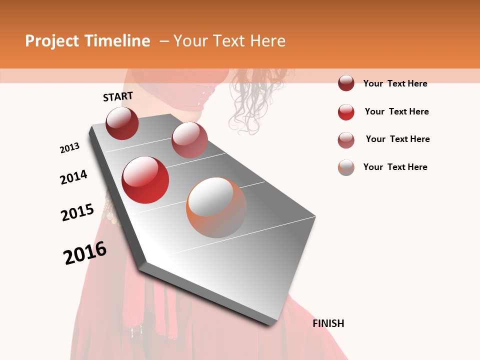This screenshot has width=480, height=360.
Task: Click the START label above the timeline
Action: pos(118,96)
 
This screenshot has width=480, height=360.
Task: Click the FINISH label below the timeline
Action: pos(328,323)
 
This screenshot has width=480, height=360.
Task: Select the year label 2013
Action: pos(69,148)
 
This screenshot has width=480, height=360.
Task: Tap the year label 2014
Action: pos(73,177)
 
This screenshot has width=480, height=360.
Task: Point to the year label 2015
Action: pos(77,212)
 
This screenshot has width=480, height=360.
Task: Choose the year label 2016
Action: pos(85,253)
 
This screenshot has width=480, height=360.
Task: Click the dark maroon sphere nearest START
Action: pos(122,123)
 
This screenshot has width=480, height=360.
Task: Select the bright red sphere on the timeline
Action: pos(145,180)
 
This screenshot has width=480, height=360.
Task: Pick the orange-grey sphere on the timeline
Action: pos(216,207)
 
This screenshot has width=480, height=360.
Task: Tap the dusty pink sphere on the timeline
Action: pos(189,140)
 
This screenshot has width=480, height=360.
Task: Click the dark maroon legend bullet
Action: pos(346,83)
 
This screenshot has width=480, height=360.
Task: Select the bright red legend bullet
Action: pos(346,112)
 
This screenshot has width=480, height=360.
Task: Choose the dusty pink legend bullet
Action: pos(346,140)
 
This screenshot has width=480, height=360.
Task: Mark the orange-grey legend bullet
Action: pos(346,167)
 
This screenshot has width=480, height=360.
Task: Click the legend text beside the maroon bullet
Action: pos(395,84)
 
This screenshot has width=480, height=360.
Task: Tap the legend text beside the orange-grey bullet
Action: pos(395,167)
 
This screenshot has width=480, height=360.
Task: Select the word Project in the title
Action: pos(52,41)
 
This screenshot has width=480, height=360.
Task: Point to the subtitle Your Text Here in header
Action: pos(229,41)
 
